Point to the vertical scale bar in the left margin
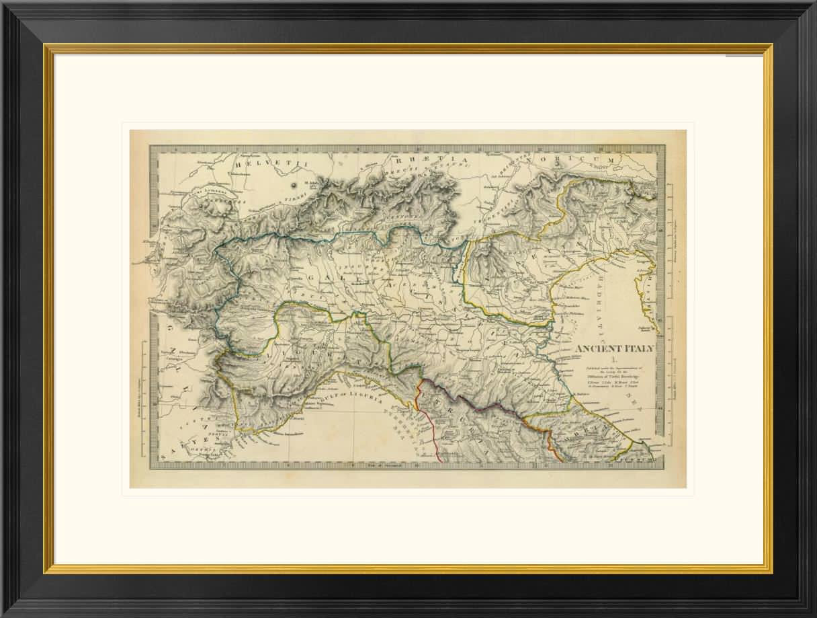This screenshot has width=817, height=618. [142, 390]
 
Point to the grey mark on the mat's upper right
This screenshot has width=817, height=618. [744, 56]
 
